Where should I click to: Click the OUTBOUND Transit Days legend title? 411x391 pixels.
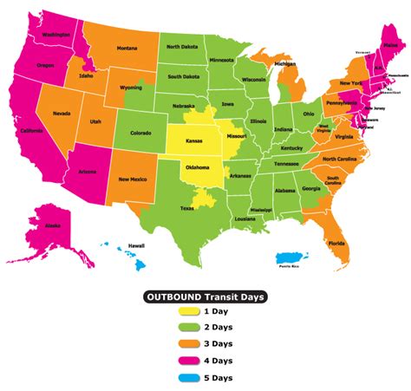pyautogui.click(x=205, y=297)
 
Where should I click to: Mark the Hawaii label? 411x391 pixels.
pyautogui.click(x=137, y=246)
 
